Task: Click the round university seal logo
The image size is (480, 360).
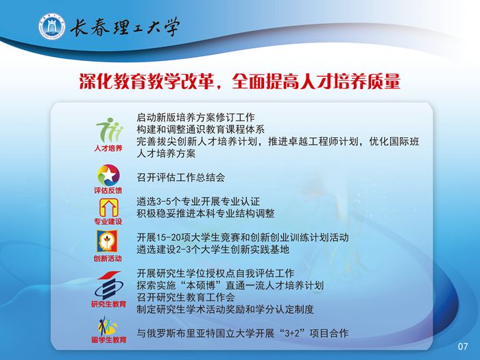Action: tap(51, 26)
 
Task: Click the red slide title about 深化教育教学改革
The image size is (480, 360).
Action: tap(240, 81)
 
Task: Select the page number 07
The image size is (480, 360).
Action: tap(463, 346)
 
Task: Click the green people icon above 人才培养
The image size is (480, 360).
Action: tap(108, 130)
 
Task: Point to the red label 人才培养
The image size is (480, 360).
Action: tap(108, 149)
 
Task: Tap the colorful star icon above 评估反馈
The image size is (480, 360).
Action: tap(108, 175)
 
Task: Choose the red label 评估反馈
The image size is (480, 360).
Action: tap(108, 191)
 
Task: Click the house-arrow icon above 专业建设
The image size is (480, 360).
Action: tap(108, 207)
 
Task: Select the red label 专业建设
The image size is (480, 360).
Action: tap(108, 221)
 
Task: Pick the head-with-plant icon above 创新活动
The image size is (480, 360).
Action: tap(107, 241)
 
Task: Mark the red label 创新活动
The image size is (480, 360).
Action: tap(108, 259)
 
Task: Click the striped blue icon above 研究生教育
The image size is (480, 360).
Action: tap(108, 285)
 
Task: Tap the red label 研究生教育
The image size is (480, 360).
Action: tap(108, 304)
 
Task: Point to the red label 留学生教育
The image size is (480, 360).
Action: tap(108, 339)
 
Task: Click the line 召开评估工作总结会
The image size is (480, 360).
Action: tap(181, 178)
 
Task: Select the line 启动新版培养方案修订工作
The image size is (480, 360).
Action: tap(195, 117)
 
